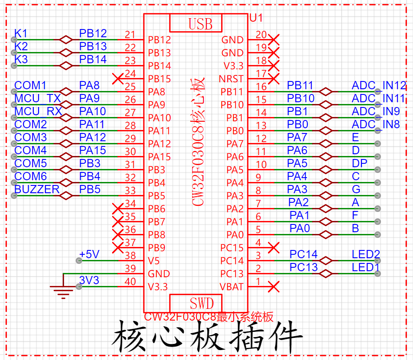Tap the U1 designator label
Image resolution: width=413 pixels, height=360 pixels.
(x=256, y=18)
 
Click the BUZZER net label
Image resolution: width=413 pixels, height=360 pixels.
(x=37, y=189)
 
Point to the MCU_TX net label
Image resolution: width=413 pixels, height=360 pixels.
(x=37, y=98)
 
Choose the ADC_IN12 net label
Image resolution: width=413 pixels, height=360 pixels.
(x=379, y=85)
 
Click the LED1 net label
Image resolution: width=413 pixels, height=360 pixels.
(x=365, y=267)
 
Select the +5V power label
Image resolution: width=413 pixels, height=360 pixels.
(x=89, y=254)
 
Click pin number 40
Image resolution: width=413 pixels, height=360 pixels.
(x=130, y=282)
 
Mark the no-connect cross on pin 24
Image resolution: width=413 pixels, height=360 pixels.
(x=118, y=79)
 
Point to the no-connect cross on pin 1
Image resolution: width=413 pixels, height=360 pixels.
(x=274, y=286)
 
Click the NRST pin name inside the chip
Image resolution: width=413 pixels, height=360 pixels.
(x=231, y=79)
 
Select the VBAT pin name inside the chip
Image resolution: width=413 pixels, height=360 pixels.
(x=232, y=287)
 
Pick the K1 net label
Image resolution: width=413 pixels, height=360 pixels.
(x=21, y=33)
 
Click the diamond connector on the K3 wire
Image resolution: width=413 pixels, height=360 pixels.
(x=66, y=65)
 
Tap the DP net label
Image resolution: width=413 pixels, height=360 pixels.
(x=359, y=163)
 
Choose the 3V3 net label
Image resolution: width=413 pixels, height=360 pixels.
(x=89, y=280)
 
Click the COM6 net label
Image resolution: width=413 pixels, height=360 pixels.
(x=31, y=176)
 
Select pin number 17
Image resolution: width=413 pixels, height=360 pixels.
(x=261, y=74)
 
